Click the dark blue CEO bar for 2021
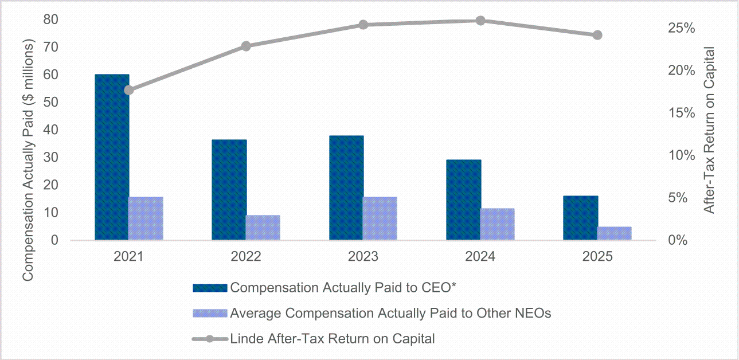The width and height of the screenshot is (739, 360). point(112,157)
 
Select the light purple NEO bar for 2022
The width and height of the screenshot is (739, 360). point(263,228)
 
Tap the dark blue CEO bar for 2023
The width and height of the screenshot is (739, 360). point(346,188)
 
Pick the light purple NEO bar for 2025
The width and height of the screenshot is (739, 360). point(614,233)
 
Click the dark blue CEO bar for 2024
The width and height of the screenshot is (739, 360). point(464,200)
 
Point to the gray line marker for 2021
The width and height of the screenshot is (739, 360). point(129,90)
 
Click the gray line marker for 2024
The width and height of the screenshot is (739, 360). point(480,21)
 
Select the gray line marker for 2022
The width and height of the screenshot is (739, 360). point(246,46)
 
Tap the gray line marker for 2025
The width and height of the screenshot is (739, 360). point(597,35)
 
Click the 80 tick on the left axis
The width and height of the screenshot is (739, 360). point(50,19)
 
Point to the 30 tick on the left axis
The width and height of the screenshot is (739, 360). point(50,158)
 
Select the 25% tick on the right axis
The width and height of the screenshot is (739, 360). point(682,29)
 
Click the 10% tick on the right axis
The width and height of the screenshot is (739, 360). point(682,155)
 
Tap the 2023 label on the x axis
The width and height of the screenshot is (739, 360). point(363,257)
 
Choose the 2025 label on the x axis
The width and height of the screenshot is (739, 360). point(597,257)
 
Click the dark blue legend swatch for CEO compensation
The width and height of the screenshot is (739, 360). point(210,288)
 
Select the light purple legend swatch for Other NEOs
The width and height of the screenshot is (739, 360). point(210,314)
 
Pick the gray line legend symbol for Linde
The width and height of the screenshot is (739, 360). point(210,339)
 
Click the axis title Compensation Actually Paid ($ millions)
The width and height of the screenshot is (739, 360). point(28,160)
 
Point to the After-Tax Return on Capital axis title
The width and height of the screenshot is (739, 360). point(709,130)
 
